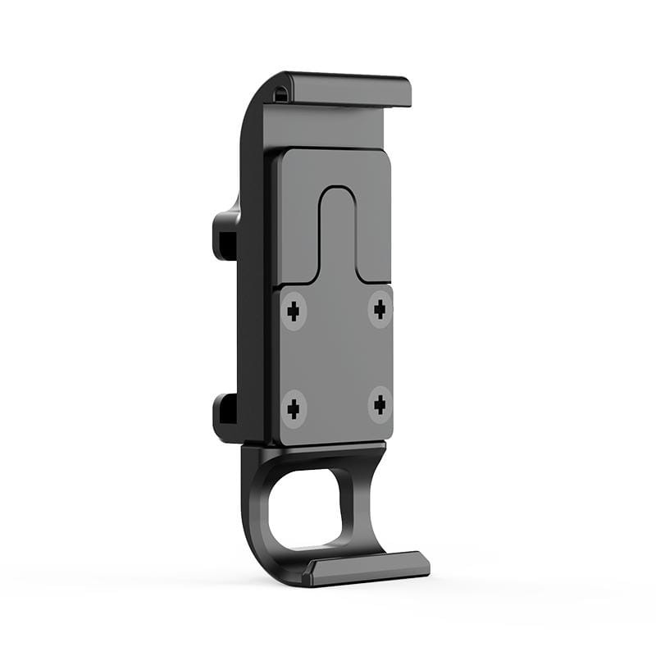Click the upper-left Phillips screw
294,311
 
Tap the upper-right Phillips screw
380,309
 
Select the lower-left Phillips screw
294,406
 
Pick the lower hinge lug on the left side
225,414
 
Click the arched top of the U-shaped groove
337,190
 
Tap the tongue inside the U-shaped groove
337,238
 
